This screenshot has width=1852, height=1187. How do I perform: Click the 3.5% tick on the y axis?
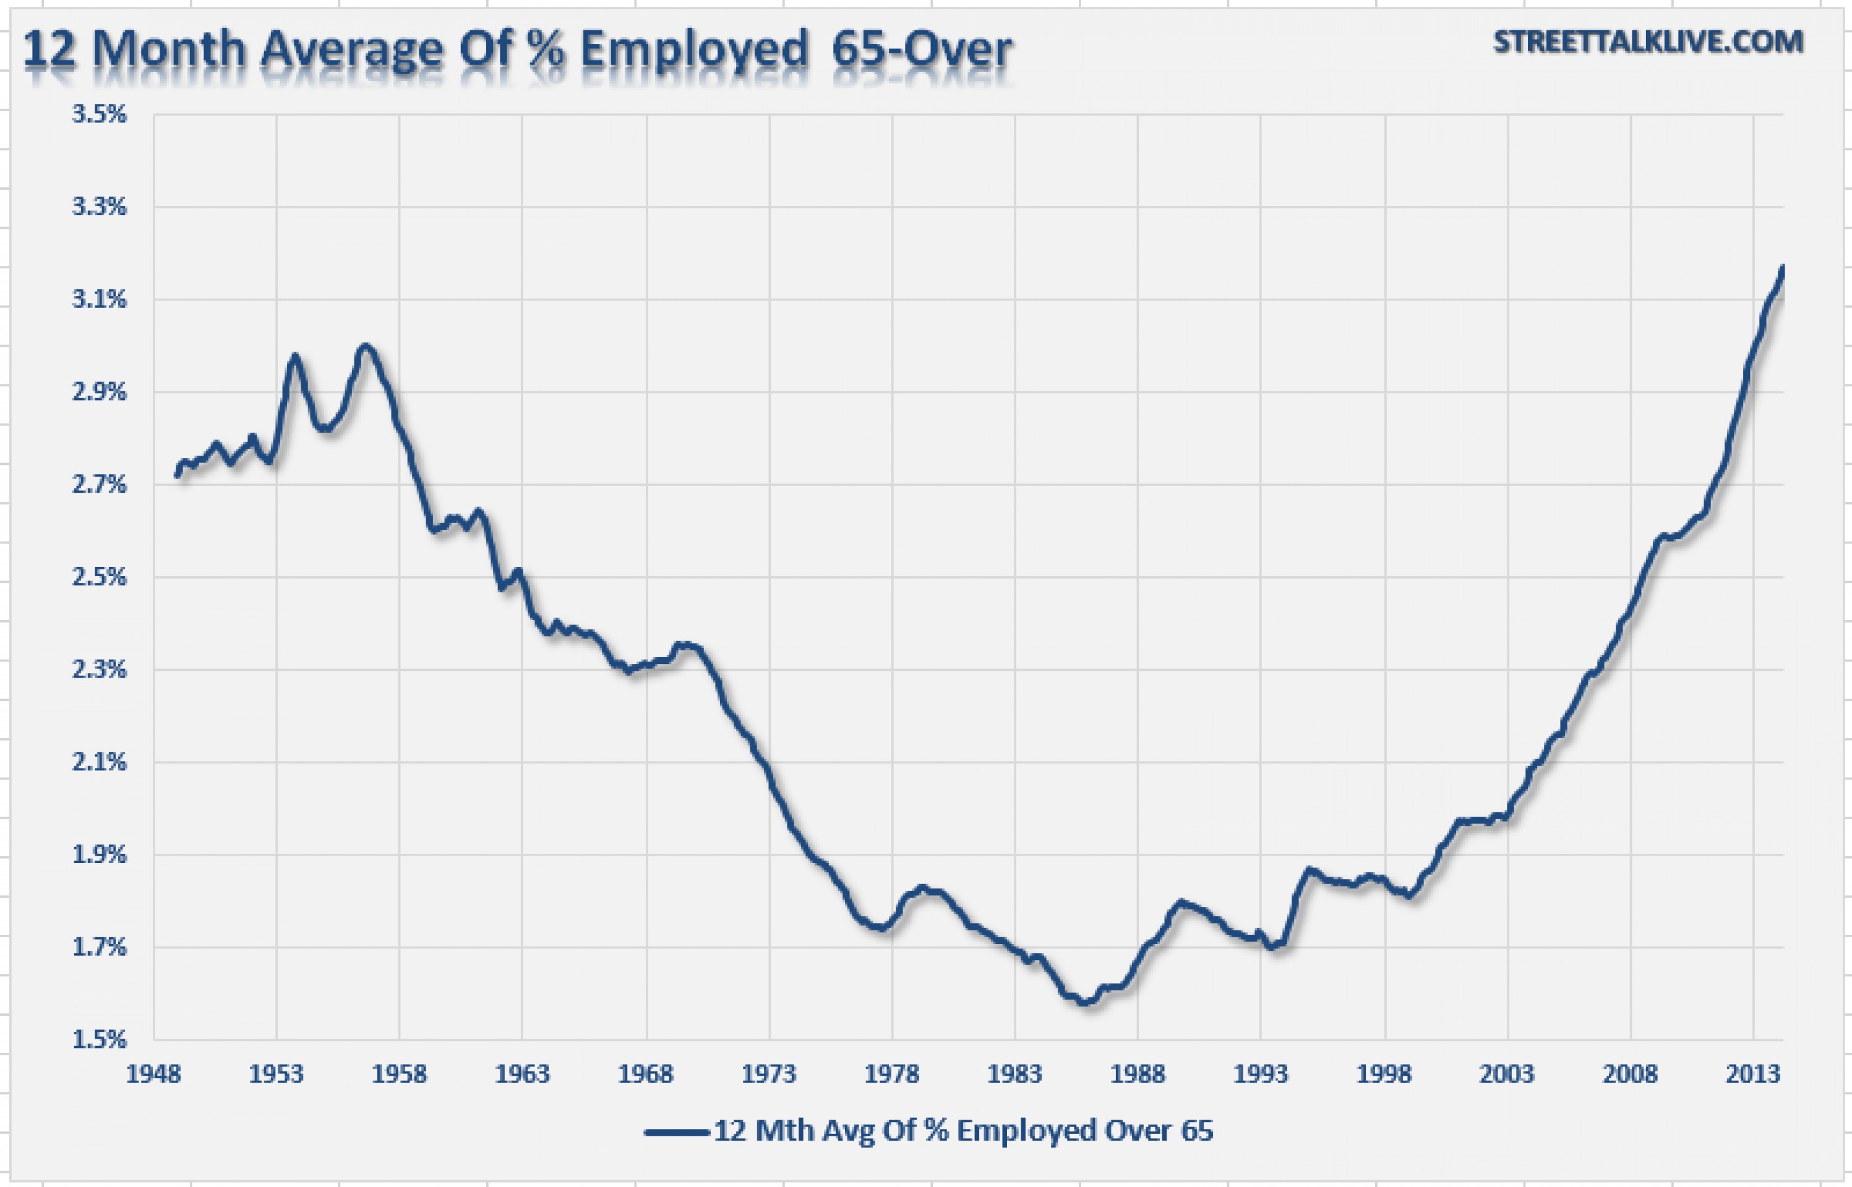click(x=99, y=114)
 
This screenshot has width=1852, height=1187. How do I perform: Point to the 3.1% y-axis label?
click(x=99, y=299)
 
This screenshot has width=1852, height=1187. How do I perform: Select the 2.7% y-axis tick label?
click(x=99, y=484)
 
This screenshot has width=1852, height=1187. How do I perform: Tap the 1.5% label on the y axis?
click(x=99, y=1039)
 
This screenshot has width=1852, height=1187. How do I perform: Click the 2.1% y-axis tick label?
click(x=99, y=762)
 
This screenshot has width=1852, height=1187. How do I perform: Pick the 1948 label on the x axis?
click(x=153, y=1074)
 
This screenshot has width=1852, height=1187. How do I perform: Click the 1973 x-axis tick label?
click(x=769, y=1074)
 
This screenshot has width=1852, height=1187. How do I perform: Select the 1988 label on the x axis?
click(x=1138, y=1074)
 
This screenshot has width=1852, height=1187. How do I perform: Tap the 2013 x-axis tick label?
click(x=1753, y=1074)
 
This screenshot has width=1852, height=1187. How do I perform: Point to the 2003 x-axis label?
click(x=1507, y=1074)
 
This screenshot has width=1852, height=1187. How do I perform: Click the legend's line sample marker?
click(x=676, y=1131)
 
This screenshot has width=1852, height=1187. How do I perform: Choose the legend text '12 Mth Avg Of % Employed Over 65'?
click(x=963, y=1131)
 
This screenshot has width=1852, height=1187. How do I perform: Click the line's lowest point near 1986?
click(x=1084, y=1003)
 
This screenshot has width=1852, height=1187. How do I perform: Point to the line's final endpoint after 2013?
click(x=1783, y=266)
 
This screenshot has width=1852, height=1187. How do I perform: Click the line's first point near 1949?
click(x=176, y=476)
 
